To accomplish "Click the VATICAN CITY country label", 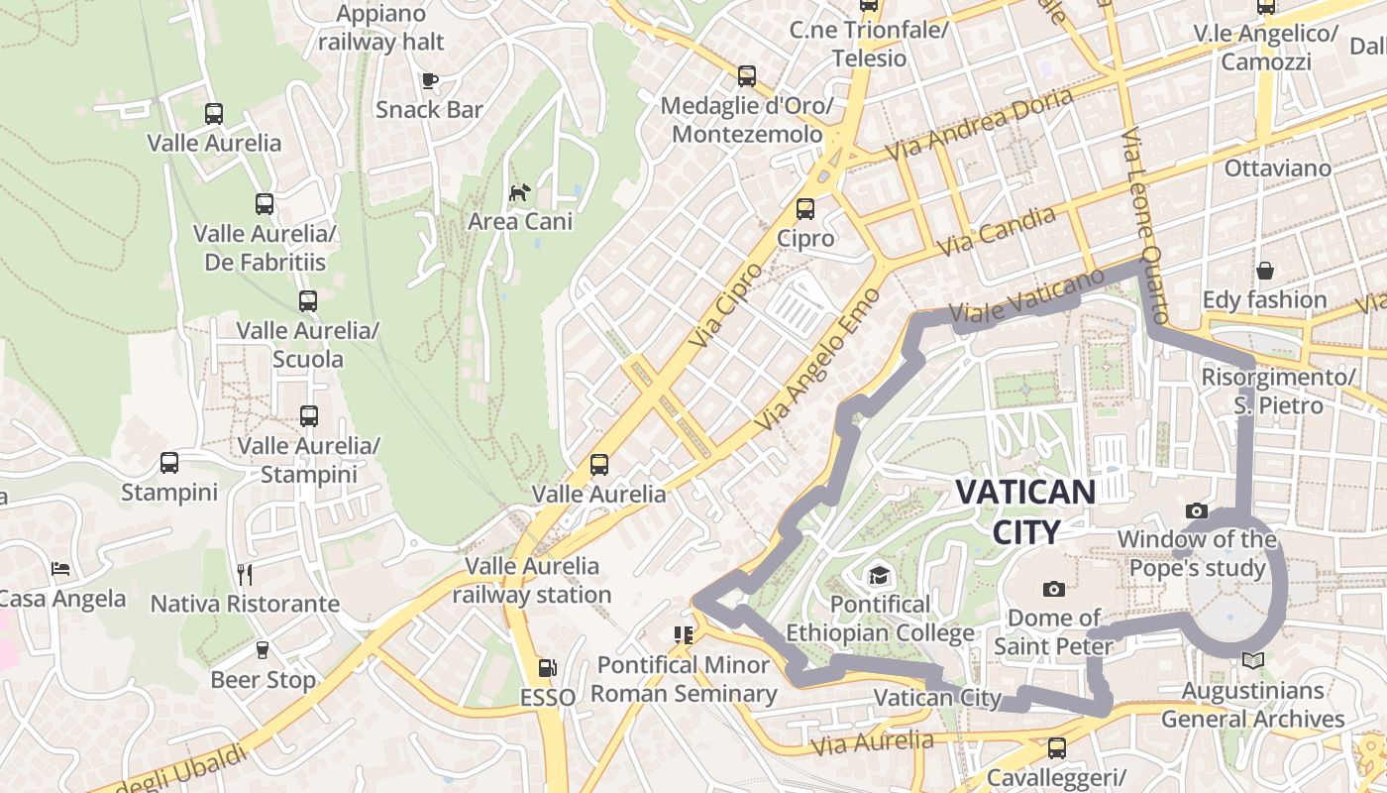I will tap(1025, 510).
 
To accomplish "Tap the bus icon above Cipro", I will tap(805, 209).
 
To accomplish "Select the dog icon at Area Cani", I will tap(519, 191).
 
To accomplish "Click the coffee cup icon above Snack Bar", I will tap(429, 80).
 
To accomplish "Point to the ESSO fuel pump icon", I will tap(547, 669).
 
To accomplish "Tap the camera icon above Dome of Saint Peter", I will tap(1054, 590).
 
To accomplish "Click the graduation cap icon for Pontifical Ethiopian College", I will tap(878, 575).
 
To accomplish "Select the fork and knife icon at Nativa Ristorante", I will tap(245, 574).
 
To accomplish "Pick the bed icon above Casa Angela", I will tap(60, 569).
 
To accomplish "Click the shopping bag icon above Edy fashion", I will tap(1264, 270).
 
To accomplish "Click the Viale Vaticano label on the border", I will tap(1025, 294).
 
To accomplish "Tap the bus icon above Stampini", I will tap(169, 463).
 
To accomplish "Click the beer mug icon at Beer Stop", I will tap(263, 650).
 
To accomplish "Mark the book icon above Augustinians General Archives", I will tap(1252, 660).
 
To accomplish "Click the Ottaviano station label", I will tap(1278, 168).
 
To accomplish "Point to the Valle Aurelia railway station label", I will tap(533, 580).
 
